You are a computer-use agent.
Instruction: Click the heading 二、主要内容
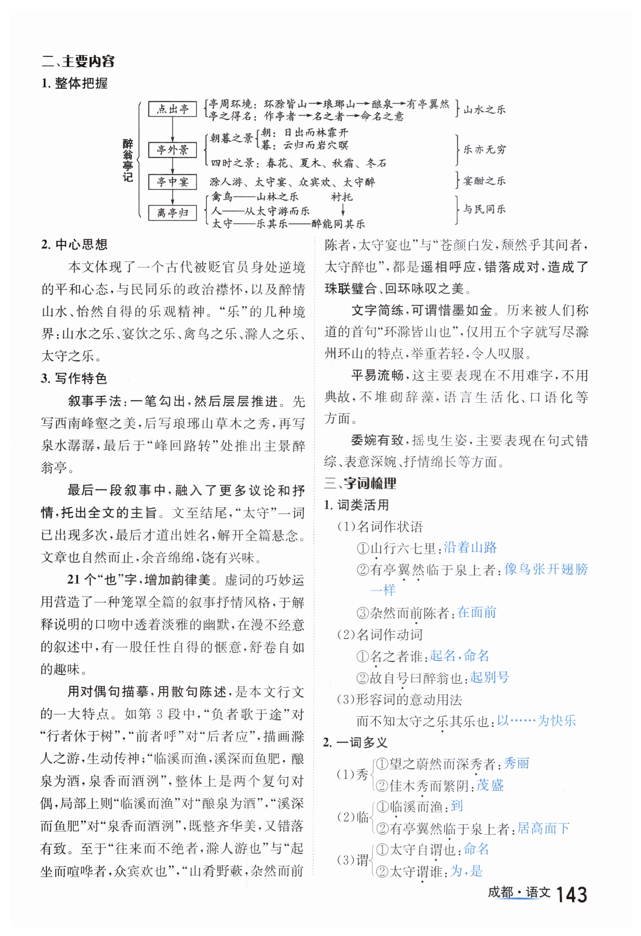pyautogui.click(x=78, y=61)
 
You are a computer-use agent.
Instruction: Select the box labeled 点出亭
pyautogui.click(x=172, y=109)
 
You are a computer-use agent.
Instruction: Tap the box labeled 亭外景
pyautogui.click(x=172, y=150)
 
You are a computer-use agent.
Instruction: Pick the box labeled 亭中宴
pyautogui.click(x=172, y=182)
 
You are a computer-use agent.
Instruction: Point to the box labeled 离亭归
pyautogui.click(x=172, y=213)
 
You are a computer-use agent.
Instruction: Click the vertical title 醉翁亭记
pyautogui.click(x=128, y=161)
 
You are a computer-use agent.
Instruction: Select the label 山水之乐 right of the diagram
pyautogui.click(x=484, y=110)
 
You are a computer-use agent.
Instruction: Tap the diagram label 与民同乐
pyautogui.click(x=484, y=209)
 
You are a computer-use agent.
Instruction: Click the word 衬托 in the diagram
pyautogui.click(x=342, y=197)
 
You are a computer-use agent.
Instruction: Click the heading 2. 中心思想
pyautogui.click(x=74, y=244)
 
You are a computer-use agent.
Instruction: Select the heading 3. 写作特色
pyautogui.click(x=74, y=378)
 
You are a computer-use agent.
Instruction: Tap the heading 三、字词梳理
pyautogui.click(x=360, y=483)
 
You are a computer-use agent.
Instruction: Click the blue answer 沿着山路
pyautogui.click(x=470, y=547)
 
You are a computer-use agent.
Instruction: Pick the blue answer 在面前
pyautogui.click(x=477, y=612)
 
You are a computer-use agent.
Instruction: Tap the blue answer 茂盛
pyautogui.click(x=490, y=785)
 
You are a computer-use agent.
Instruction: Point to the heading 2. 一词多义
pyautogui.click(x=355, y=742)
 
